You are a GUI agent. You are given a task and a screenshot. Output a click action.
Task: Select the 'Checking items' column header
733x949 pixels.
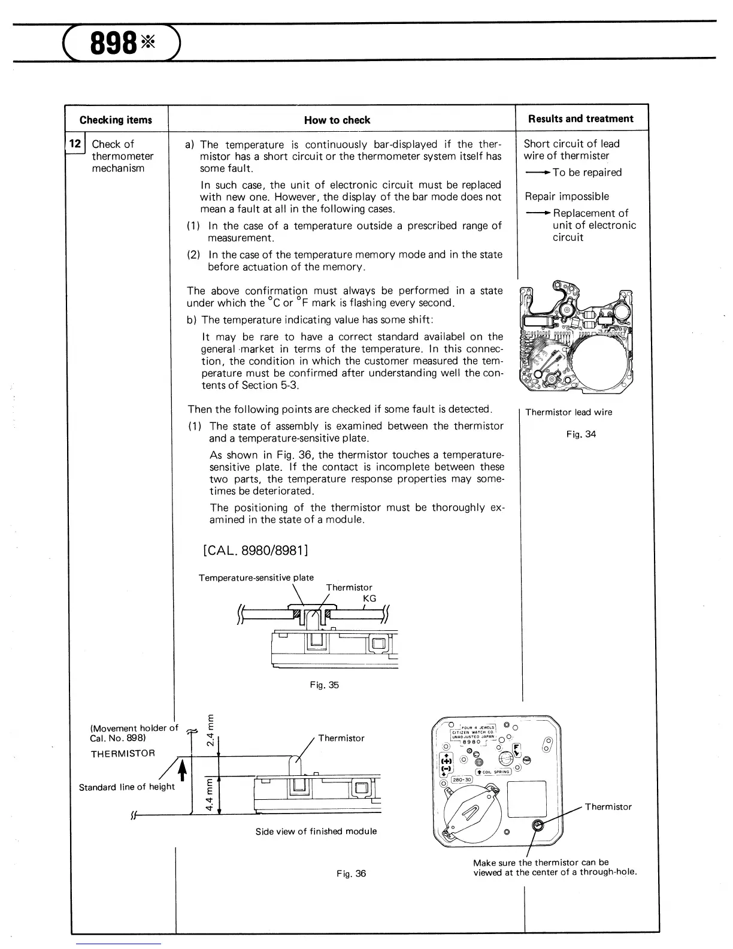(x=116, y=120)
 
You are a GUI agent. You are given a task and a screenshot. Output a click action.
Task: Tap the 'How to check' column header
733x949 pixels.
(x=337, y=120)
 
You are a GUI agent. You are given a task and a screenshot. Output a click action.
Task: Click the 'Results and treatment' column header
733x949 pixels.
(x=580, y=119)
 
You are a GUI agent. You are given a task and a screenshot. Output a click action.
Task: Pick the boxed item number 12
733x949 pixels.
(x=75, y=144)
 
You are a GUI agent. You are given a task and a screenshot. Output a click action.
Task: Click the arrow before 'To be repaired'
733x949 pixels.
(x=537, y=173)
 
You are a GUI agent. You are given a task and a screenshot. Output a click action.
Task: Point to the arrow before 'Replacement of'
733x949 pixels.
(x=537, y=213)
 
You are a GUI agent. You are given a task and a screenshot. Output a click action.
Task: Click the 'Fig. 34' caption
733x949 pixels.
(x=581, y=434)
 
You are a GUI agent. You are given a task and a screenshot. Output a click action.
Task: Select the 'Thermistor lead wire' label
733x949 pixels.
(x=568, y=412)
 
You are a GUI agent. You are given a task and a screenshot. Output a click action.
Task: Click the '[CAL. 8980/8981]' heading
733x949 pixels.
(x=256, y=549)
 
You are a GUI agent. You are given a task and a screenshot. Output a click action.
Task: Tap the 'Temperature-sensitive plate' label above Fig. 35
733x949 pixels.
(x=256, y=578)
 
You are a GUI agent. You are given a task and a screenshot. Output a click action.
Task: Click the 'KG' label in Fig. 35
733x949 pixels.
(x=369, y=599)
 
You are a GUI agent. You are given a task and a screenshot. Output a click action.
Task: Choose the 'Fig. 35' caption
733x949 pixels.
(x=324, y=684)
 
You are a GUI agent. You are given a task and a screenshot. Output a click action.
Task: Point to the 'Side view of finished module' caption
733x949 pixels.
(x=316, y=831)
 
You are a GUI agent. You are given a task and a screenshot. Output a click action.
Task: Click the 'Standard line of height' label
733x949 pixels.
(x=126, y=787)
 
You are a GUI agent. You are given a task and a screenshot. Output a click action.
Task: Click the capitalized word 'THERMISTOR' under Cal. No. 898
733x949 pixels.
(x=123, y=753)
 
